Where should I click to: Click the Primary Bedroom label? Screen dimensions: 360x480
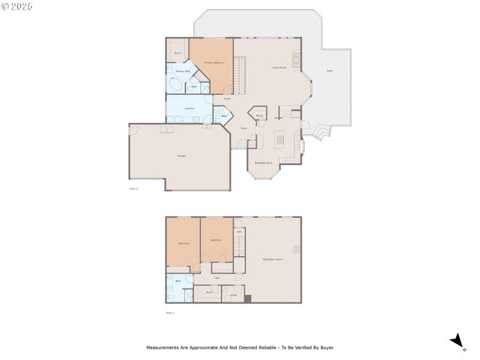[214, 62]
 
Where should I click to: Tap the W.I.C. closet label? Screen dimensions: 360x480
[178, 53]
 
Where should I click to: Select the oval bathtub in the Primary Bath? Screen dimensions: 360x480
[176, 85]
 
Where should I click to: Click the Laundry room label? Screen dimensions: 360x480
[189, 109]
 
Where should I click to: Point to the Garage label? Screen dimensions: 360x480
[181, 156]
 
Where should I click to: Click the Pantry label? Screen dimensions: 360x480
[259, 116]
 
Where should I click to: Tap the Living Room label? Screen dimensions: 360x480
[278, 68]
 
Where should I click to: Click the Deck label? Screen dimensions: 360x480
[329, 71]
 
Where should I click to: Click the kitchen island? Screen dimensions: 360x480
[279, 140]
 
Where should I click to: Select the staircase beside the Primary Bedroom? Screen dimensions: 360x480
[240, 74]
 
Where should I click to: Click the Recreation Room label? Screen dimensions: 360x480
[272, 259]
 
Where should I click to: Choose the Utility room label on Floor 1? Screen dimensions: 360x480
[233, 295]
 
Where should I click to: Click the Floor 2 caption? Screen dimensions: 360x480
[134, 189]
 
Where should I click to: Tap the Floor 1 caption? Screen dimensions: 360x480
[170, 313]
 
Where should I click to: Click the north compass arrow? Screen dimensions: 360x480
[457, 340]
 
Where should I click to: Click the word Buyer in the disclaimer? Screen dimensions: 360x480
[326, 347]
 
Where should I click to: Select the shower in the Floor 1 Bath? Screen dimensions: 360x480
[188, 295]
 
